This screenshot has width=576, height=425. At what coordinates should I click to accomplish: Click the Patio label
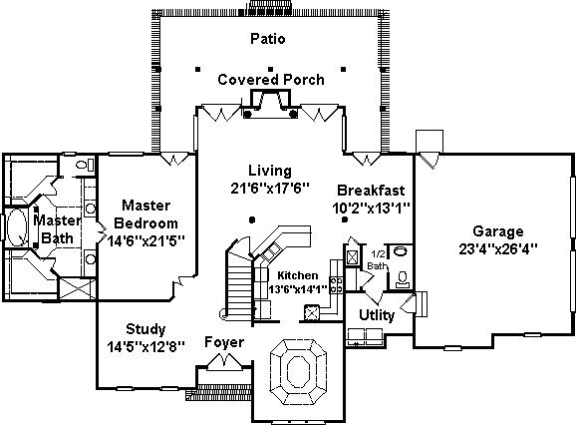coord(268,39)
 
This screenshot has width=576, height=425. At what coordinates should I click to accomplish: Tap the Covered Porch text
coord(271,80)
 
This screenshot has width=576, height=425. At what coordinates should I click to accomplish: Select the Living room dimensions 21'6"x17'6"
coord(270,189)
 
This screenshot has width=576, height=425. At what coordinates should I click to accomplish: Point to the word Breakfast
coord(371,191)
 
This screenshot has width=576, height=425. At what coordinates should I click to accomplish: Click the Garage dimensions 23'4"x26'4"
coord(498,248)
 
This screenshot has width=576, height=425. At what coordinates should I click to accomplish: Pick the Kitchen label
coord(298,275)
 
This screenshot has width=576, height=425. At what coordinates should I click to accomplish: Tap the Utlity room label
coord(377,315)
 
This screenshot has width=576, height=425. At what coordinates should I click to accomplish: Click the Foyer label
coord(224,342)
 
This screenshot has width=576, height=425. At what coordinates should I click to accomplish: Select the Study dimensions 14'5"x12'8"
coord(145,346)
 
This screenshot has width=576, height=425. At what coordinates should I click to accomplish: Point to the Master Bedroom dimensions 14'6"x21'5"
coord(145,240)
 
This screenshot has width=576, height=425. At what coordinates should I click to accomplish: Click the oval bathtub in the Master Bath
coord(17,227)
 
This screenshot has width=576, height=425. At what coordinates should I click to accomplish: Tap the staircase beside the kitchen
coord(239,283)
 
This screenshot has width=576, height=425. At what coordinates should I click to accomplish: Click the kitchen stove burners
coord(336,285)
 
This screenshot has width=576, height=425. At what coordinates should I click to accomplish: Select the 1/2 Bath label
coord(378,260)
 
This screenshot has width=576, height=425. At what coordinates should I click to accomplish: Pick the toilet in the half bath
coord(403,279)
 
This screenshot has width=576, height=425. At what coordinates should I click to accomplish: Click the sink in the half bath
coord(401,251)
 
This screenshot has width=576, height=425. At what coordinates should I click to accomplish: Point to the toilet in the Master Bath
coord(85,164)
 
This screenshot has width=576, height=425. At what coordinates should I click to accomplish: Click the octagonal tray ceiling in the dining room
coord(298,372)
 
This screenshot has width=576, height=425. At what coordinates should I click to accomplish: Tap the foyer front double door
coord(225,362)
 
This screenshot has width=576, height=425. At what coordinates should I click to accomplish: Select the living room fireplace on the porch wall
coord(271,105)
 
